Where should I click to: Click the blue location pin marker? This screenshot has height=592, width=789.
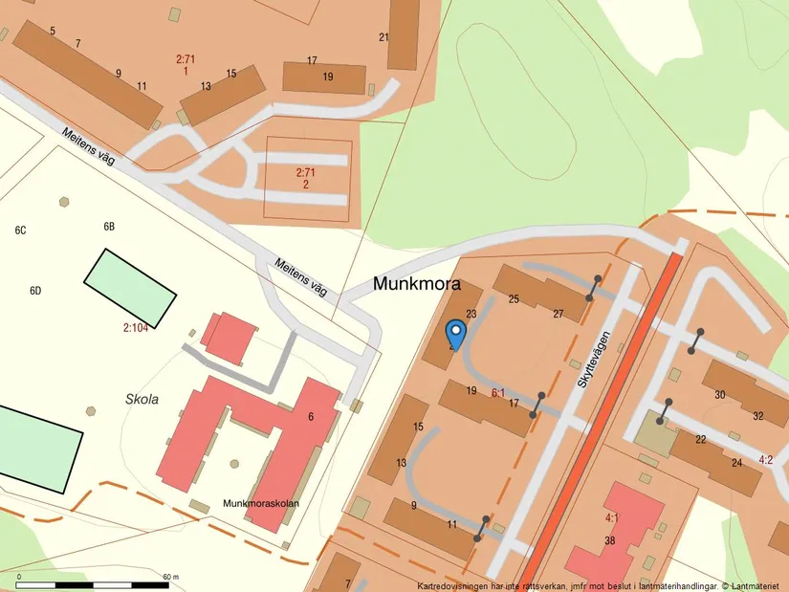pos(456,335)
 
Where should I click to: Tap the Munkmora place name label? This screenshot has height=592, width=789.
pos(416,284)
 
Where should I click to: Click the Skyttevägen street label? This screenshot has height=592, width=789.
pos(593,359)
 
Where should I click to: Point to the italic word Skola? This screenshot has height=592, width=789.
pos(142,398)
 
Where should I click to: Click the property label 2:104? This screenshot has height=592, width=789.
pos(136,327)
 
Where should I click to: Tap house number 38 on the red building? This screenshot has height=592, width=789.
pos(610,540)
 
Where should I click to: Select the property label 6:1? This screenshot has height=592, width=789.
pos(497,392)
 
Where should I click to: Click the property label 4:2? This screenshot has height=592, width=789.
pos(765,460)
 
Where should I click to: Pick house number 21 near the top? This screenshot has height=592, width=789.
pos(384,37)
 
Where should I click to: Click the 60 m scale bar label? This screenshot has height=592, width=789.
pos(171,577)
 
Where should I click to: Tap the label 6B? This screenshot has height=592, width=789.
pos(109,227)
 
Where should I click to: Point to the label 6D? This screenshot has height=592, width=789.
pos(36,290)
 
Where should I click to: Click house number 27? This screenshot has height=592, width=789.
pos(558,314)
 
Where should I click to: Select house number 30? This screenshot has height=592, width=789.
pos(719,394)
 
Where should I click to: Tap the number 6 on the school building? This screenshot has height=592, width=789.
pos(310,417)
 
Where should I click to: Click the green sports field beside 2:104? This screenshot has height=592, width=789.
pos(130,287)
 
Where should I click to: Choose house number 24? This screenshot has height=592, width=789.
pos(736,463)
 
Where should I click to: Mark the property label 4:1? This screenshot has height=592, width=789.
pos(611,517)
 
